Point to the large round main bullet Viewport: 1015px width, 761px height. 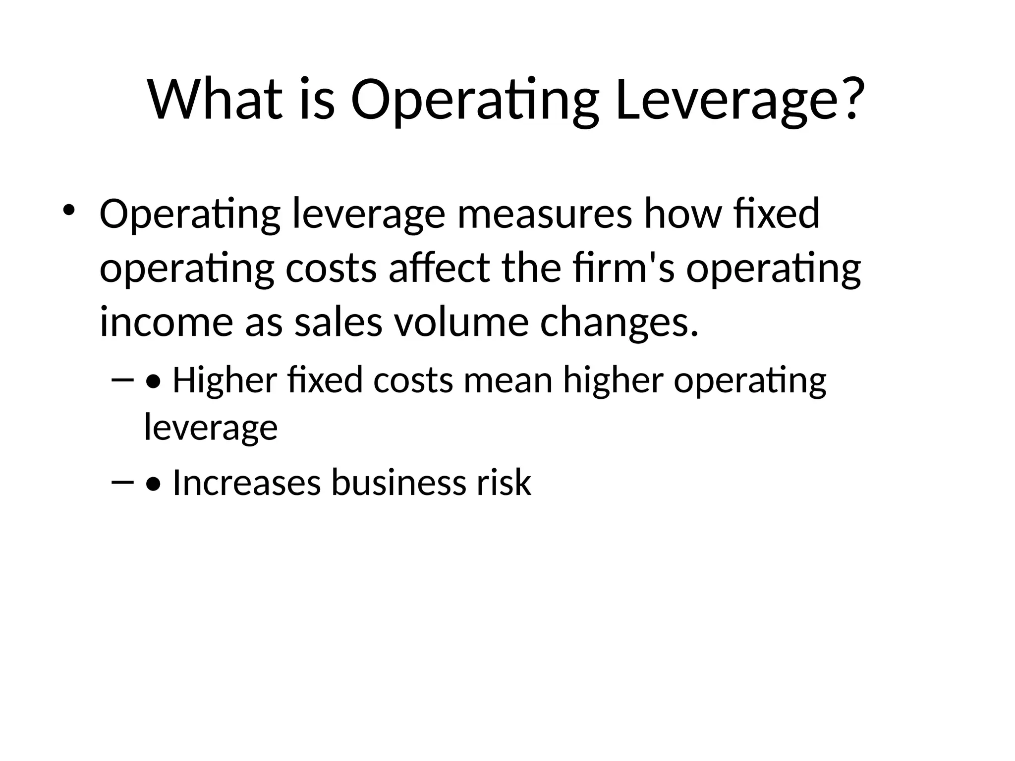tap(68, 210)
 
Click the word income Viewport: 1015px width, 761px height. tap(166, 323)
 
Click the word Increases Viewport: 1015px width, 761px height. tap(246, 483)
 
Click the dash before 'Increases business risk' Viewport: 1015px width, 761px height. tap(123, 482)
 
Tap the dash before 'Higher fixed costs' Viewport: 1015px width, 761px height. tap(123, 380)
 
